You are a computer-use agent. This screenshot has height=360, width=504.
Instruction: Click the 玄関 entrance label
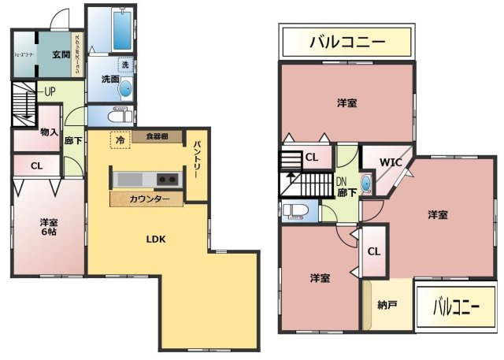click(61, 54)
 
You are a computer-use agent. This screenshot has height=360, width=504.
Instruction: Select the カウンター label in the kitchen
click(149, 199)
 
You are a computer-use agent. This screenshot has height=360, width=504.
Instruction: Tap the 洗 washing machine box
click(124, 64)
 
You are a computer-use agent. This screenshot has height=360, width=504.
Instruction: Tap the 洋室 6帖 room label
click(49, 228)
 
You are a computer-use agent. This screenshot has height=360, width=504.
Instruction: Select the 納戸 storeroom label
click(387, 304)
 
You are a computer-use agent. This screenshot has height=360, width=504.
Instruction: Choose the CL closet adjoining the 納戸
click(374, 252)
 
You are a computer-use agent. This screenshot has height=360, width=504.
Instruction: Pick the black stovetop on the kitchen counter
click(168, 178)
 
